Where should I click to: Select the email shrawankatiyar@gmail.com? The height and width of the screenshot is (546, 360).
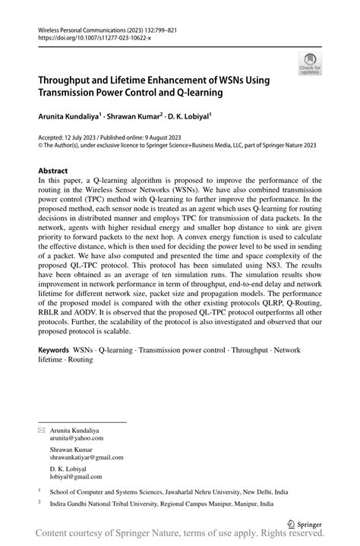pos(87,458)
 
